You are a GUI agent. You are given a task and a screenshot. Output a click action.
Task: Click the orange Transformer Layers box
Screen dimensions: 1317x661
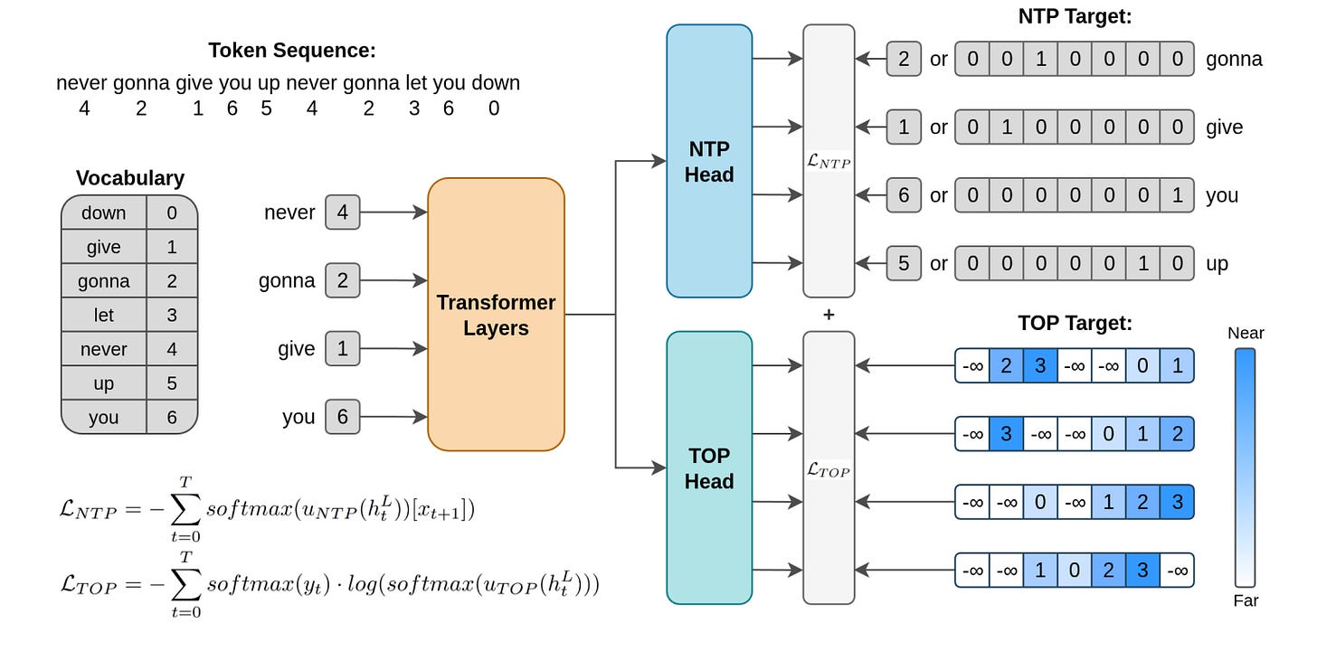[497, 315]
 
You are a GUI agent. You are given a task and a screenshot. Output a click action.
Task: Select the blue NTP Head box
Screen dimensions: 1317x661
[709, 161]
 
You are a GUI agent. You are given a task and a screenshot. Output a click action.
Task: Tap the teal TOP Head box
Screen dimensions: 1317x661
[709, 467]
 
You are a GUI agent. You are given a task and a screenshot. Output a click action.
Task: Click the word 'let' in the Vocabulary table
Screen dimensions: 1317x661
[103, 315]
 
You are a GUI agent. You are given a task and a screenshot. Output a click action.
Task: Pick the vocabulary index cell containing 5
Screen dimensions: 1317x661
[172, 383]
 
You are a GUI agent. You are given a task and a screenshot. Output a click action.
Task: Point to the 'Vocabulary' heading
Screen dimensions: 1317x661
[130, 178]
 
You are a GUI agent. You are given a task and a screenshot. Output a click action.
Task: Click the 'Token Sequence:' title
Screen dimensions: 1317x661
[292, 51]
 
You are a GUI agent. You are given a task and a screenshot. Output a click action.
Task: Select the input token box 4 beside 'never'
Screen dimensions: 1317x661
[342, 212]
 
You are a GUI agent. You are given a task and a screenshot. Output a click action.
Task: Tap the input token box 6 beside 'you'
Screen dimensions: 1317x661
[342, 417]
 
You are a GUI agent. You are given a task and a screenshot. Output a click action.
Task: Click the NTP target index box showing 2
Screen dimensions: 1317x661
[904, 59]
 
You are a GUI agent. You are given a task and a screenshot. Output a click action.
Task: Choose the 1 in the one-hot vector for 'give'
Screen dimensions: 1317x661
[1007, 127]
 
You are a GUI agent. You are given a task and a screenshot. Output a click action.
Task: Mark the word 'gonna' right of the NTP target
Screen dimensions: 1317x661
[1234, 60]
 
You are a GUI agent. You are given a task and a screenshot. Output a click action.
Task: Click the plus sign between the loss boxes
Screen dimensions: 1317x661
[829, 315]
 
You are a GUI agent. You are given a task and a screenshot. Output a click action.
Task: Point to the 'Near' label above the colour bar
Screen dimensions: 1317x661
[1246, 333]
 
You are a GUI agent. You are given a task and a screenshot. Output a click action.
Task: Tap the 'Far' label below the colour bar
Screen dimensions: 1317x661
[1246, 600]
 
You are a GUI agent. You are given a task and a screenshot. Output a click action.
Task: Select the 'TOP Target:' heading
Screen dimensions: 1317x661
[1075, 323]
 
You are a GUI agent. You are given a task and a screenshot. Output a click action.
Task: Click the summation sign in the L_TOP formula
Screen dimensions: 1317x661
[185, 584]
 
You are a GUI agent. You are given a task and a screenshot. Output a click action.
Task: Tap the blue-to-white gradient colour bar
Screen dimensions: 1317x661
[1246, 467]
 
